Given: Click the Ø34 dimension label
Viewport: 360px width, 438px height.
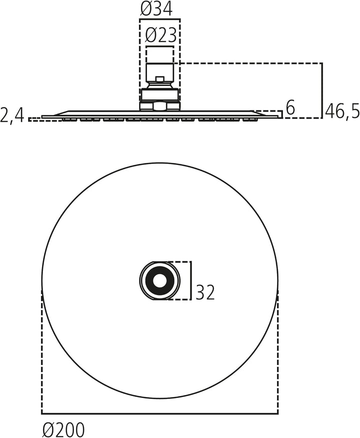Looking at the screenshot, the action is coord(156,9).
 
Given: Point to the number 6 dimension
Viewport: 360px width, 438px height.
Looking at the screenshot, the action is coord(290,107).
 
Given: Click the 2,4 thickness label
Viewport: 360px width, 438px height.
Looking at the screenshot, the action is coord(12,115).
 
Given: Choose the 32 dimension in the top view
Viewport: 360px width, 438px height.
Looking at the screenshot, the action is coord(205,292).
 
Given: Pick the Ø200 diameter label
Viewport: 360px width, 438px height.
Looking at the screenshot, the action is coord(63,429).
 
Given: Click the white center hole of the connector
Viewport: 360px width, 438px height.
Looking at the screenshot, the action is coord(160,281).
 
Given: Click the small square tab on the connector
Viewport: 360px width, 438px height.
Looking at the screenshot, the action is coord(160,79).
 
